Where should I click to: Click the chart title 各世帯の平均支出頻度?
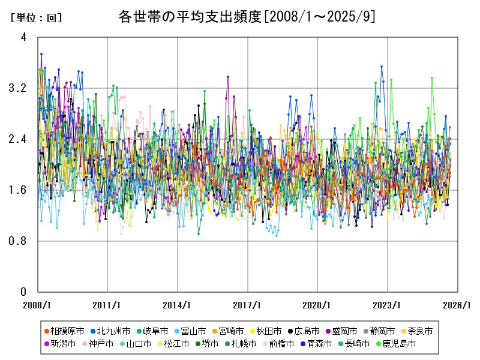[x=247, y=17]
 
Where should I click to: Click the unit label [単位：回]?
[x=36, y=18]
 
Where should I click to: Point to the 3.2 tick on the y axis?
[x=19, y=88]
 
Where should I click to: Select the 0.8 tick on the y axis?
[x=19, y=241]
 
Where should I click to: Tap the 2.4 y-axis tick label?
[x=19, y=139]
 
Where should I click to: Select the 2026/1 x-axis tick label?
[x=457, y=305]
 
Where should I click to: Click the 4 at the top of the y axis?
[x=23, y=37]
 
